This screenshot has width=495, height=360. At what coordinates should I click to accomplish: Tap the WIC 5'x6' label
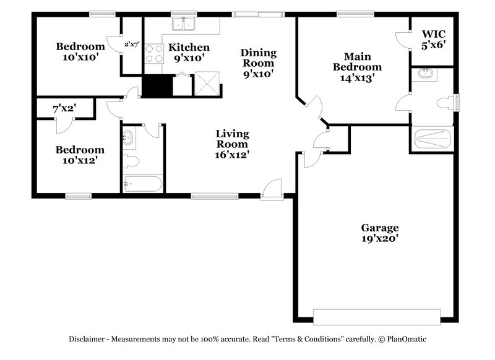click(433, 38)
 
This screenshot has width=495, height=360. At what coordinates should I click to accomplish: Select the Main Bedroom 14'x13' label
click(357, 67)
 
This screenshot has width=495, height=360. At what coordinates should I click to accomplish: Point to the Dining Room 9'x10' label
click(258, 62)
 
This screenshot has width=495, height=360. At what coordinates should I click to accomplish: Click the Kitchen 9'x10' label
click(189, 53)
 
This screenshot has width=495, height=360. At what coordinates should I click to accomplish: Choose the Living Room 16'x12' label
click(232, 144)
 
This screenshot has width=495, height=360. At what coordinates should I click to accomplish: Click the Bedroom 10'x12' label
click(80, 155)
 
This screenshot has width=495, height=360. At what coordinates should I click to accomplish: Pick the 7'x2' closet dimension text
click(64, 108)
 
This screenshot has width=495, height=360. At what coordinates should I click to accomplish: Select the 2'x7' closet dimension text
click(132, 45)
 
